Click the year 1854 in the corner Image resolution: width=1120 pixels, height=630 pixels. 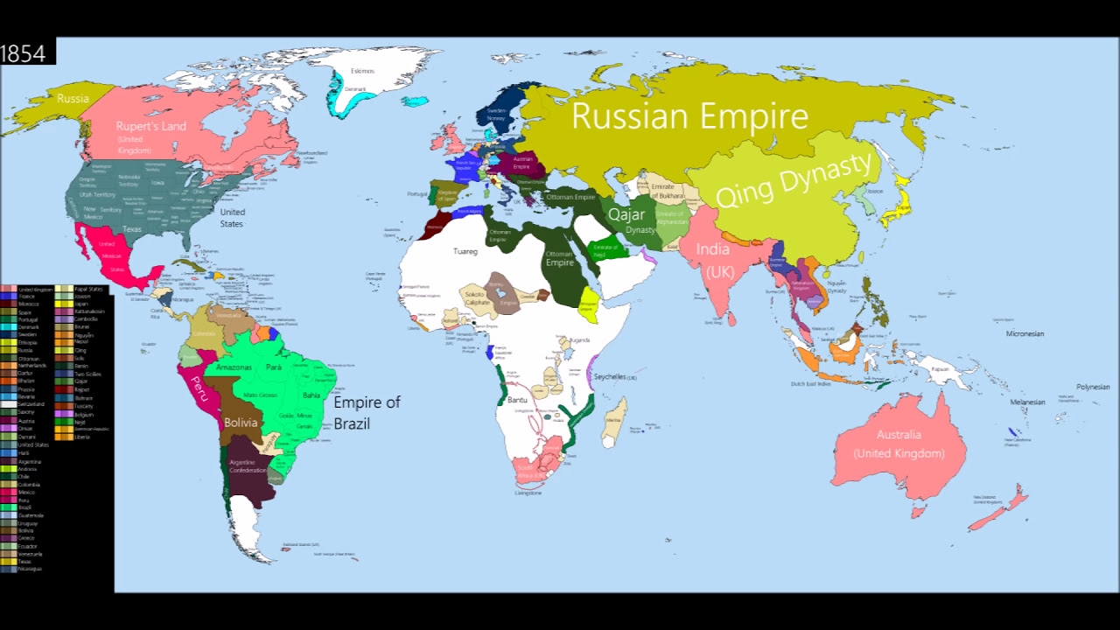pos(24,53)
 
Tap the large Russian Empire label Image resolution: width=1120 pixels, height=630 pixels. pos(689,116)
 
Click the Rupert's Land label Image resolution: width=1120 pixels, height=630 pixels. pos(151,127)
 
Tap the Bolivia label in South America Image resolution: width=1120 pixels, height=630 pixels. pos(241,423)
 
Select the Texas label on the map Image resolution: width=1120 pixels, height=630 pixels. pos(132,229)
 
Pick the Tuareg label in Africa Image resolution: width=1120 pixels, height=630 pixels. pos(465,252)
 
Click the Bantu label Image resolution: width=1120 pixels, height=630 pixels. pos(517,400)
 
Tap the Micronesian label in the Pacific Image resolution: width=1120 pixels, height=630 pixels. pos(1025,334)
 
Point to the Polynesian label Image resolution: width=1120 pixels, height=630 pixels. pos(1093,387)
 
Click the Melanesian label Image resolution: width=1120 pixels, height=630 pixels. pos(1027,402)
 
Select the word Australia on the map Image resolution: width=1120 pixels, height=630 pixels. pos(899,435)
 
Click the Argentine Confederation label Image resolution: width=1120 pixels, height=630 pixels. pos(248,465)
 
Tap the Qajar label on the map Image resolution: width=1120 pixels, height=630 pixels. pos(626,214)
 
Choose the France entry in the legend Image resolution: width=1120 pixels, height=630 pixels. pos(27,297)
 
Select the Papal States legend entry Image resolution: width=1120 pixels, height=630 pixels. pos(88,289)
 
